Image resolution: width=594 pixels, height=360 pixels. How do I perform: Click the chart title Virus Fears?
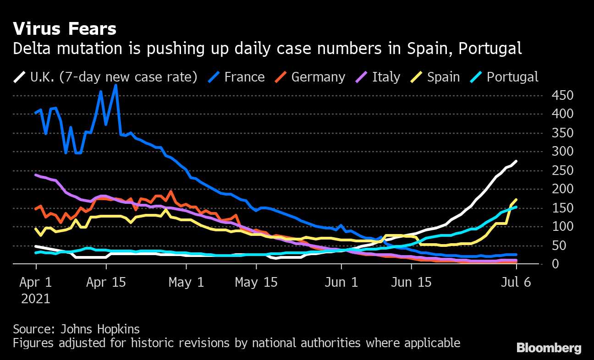click(65, 29)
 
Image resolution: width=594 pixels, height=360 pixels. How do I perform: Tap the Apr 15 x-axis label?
click(106, 282)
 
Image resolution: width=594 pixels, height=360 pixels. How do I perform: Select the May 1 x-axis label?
click(186, 282)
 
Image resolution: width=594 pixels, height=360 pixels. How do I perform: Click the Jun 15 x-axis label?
click(411, 282)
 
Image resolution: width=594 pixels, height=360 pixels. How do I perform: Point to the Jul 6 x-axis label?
click(516, 282)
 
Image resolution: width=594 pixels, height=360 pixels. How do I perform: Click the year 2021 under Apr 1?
click(36, 299)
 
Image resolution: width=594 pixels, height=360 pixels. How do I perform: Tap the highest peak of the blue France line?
click(115, 85)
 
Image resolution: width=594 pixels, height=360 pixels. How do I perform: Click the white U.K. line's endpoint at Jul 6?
click(517, 161)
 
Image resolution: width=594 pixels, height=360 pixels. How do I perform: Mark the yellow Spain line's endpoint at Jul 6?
click(517, 199)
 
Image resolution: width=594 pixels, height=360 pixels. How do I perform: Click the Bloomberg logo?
click(549, 348)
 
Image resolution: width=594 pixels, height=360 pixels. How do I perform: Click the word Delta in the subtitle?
click(29, 49)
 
